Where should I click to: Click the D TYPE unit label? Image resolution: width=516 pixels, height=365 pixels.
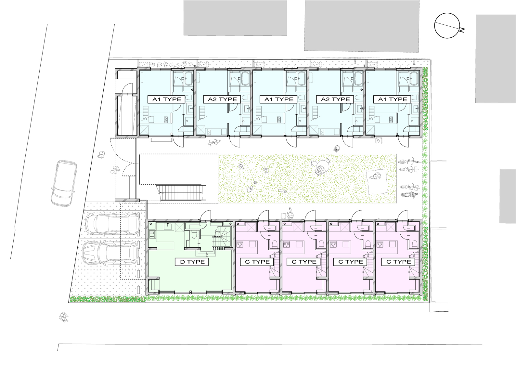click(x=192, y=262)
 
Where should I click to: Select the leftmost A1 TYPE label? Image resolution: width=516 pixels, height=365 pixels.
click(x=167, y=99)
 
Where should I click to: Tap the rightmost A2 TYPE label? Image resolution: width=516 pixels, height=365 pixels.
click(x=335, y=99)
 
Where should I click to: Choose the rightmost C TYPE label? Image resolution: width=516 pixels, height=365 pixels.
click(x=398, y=262)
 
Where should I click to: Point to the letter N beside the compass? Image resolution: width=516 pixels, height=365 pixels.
click(x=462, y=30)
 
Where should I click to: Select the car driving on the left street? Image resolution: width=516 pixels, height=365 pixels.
click(x=64, y=183)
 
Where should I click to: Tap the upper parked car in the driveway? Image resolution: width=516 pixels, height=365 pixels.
click(x=112, y=224)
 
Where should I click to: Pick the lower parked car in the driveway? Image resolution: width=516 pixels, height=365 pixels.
click(x=111, y=253)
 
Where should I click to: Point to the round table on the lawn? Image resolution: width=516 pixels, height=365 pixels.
click(x=322, y=166)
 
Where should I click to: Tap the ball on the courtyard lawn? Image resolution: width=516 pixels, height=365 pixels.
click(x=255, y=183)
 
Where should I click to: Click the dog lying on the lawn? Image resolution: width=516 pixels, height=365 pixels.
click(x=282, y=190)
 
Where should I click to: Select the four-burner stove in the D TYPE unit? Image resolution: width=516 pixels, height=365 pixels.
click(x=152, y=235)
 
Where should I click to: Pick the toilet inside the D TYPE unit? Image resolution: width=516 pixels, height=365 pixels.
click(x=194, y=235)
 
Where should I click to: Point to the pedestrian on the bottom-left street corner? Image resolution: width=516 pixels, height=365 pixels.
click(x=64, y=317)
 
